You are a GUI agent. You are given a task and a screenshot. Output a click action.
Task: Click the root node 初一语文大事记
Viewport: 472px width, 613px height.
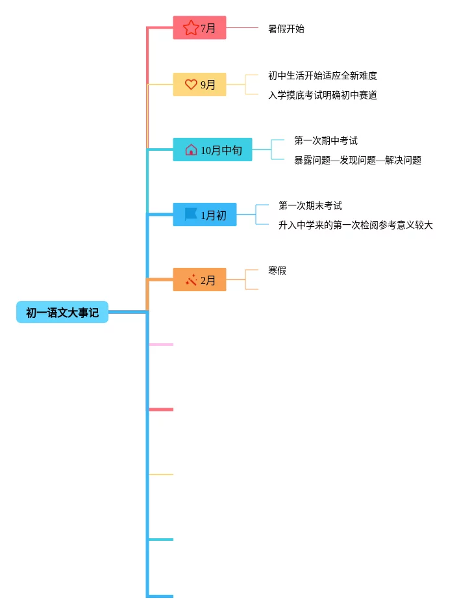62,313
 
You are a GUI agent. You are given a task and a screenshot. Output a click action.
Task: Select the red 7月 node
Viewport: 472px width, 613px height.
199,28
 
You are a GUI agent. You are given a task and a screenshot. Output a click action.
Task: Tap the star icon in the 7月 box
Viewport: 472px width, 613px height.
191,28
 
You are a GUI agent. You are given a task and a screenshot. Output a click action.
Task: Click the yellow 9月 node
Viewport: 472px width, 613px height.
199,85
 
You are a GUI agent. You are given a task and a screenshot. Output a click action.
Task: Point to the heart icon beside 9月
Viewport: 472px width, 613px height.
191,85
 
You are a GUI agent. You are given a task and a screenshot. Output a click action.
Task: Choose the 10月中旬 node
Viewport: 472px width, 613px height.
212,150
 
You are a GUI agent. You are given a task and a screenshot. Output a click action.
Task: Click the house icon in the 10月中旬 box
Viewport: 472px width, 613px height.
191,150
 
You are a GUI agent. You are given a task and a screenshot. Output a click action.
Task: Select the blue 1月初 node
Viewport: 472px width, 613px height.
205,215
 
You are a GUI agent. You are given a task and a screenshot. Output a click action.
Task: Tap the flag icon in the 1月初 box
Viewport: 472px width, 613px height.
191,215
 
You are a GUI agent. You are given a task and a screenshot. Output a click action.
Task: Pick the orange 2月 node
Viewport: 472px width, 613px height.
199,280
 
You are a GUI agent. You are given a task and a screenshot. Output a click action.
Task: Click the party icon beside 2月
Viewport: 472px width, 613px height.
191,280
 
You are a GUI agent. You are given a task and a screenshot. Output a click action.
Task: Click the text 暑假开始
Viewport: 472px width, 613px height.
286,29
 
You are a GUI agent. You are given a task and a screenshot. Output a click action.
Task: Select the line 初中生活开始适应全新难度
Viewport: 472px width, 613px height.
323,75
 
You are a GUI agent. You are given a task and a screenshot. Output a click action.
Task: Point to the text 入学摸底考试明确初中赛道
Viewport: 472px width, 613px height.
323,95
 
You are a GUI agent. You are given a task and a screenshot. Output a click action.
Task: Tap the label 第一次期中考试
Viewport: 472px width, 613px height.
326,140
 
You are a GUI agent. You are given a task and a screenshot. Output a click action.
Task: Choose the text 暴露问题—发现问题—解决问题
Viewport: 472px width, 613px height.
358,160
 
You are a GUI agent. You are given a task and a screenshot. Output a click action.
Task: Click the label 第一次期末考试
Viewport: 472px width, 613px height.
310,205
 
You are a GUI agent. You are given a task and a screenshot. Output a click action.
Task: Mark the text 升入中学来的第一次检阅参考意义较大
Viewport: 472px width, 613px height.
356,225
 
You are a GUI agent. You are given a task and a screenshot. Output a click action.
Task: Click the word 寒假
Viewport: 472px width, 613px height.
277,270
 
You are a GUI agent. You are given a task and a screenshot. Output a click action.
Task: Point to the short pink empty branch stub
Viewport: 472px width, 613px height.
162,345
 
